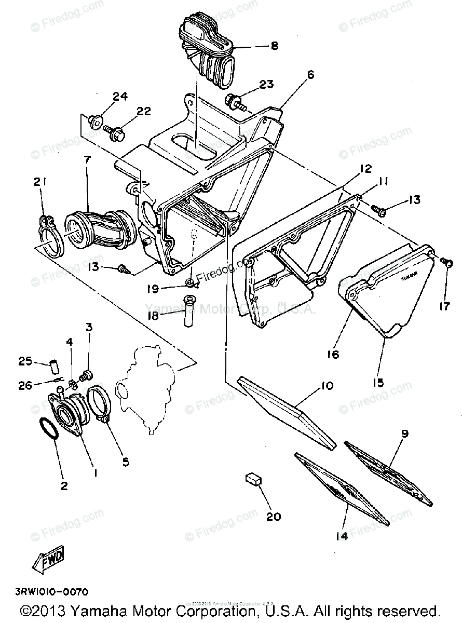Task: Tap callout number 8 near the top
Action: point(274,46)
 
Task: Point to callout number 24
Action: point(120,97)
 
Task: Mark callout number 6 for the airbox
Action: point(310,75)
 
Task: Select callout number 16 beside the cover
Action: point(333,354)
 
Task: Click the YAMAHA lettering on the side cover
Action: point(409,278)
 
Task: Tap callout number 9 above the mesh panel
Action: point(404,434)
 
